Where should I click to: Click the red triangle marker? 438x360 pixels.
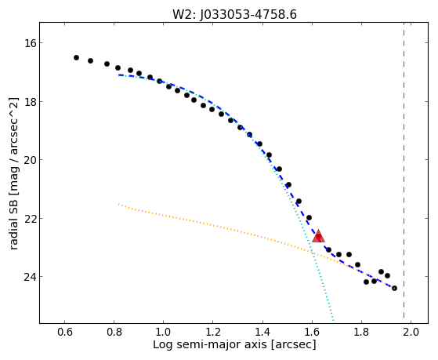click(318, 236)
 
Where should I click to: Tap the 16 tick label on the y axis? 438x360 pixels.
click(29, 43)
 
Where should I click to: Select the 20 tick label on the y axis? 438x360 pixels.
click(29, 160)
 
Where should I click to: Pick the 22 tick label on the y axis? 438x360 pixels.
click(29, 219)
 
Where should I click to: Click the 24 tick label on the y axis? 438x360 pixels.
click(29, 277)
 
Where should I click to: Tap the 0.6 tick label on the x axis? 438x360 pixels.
click(64, 332)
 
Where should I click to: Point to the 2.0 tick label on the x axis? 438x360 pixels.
click(411, 332)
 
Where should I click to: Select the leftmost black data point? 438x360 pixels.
click(76, 57)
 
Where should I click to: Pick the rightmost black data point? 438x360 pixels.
click(394, 288)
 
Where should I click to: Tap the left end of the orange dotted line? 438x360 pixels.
click(118, 204)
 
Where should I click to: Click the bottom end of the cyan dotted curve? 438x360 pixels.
click(333, 320)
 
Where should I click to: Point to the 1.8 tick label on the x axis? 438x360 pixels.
click(361, 332)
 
